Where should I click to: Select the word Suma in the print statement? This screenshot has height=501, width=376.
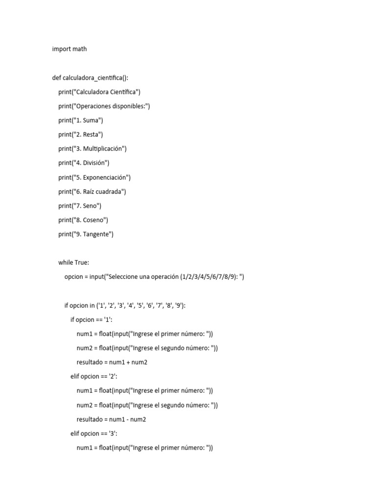point(92,120)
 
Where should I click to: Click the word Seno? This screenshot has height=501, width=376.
point(91,205)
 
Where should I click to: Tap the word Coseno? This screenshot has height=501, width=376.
point(94,220)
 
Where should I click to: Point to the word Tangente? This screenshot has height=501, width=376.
point(97,234)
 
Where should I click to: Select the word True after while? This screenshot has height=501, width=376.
point(82,263)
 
